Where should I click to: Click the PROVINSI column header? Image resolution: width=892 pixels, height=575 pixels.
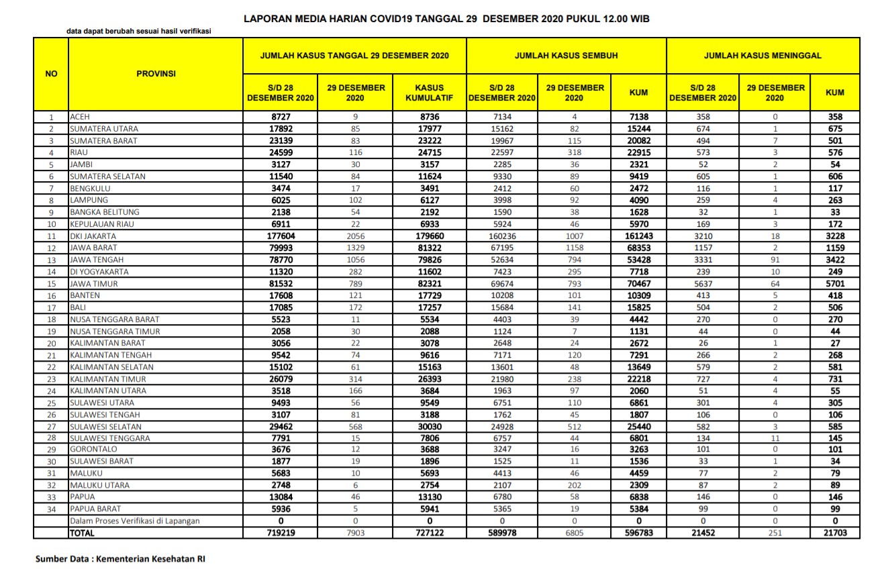click(156, 74)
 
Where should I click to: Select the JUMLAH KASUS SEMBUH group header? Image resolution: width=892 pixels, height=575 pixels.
click(566, 56)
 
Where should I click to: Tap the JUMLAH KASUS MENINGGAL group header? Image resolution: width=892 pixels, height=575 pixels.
click(762, 56)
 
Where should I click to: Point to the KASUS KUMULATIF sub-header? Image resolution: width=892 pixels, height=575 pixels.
click(430, 93)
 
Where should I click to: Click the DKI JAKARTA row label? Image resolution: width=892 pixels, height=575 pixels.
click(93, 236)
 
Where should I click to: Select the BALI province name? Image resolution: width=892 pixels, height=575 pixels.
click(79, 307)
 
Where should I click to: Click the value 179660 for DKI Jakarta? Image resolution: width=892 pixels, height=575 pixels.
click(430, 236)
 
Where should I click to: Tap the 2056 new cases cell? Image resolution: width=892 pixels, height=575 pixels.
click(356, 236)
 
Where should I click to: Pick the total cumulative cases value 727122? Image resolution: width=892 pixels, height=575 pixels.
click(430, 533)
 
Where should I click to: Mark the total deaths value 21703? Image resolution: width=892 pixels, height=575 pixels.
click(835, 533)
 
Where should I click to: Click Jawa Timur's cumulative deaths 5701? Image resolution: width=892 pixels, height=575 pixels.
click(835, 284)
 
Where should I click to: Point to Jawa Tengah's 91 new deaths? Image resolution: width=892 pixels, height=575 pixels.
click(775, 260)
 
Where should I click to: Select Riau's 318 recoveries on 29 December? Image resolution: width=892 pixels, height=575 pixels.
click(575, 153)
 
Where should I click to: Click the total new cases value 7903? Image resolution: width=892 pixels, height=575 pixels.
click(356, 533)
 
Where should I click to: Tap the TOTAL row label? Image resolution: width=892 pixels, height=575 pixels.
click(82, 533)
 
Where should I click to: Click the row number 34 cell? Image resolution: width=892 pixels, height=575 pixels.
click(51, 509)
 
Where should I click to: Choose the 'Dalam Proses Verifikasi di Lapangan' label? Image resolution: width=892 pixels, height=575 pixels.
click(135, 521)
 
